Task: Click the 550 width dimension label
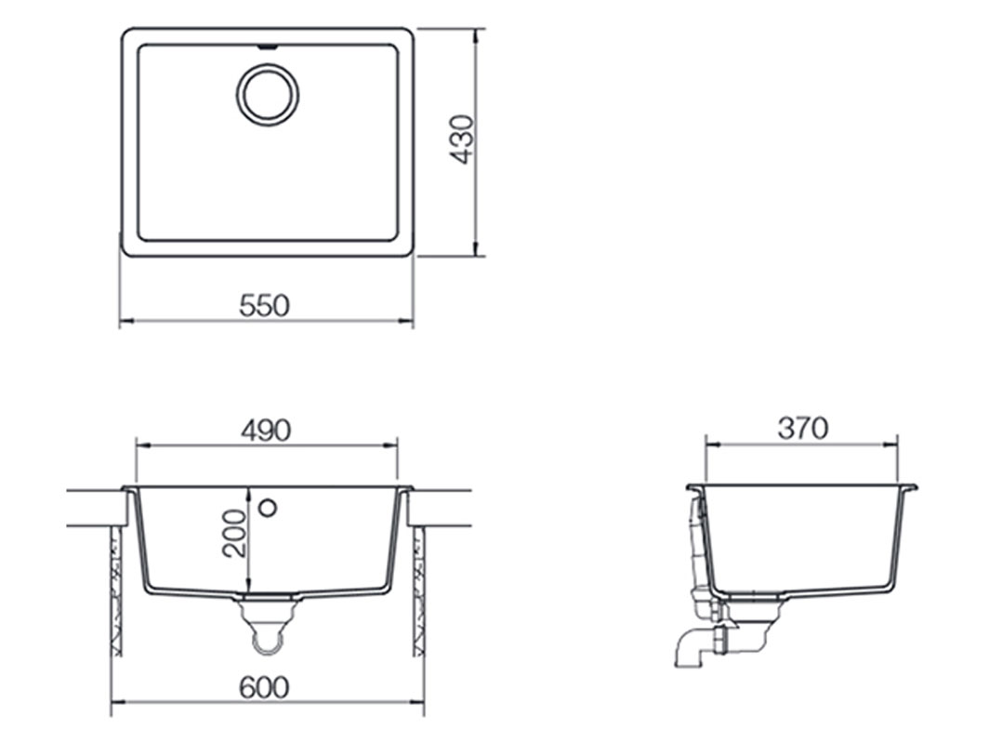[x=265, y=305]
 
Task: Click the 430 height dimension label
[x=462, y=139]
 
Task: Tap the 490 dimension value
[x=266, y=430]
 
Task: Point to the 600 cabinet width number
[x=264, y=688]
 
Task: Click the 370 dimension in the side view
[x=802, y=428]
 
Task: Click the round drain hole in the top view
[x=268, y=95]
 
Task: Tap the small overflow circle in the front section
[x=268, y=508]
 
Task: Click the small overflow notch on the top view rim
[x=268, y=44]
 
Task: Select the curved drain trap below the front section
[x=268, y=632]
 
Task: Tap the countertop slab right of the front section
[x=441, y=508]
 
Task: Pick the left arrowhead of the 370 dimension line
[x=709, y=444]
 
